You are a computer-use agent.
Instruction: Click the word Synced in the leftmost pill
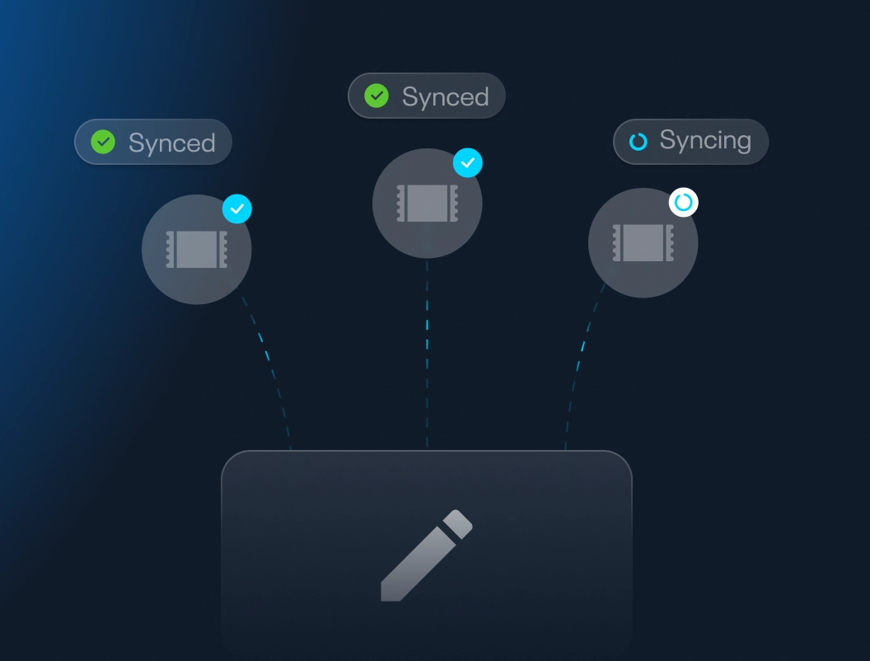pyautogui.click(x=171, y=143)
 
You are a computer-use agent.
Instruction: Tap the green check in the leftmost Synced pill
pyautogui.click(x=103, y=142)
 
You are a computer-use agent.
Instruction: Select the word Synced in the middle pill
pyautogui.click(x=445, y=97)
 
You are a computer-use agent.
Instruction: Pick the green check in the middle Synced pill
pyautogui.click(x=377, y=96)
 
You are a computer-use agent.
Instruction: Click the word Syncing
pyautogui.click(x=705, y=141)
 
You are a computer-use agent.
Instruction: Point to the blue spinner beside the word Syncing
pyautogui.click(x=638, y=142)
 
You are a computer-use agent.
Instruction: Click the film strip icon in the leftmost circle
pyautogui.click(x=197, y=249)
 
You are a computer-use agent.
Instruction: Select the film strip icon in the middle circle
pyautogui.click(x=427, y=203)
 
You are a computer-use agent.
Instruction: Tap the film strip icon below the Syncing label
pyautogui.click(x=643, y=243)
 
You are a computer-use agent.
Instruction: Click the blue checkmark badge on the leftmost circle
pyautogui.click(x=237, y=209)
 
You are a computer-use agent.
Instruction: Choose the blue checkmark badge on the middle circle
pyautogui.click(x=468, y=163)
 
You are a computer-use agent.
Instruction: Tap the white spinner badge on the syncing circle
pyautogui.click(x=683, y=202)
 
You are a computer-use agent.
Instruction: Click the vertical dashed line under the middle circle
pyautogui.click(x=427, y=354)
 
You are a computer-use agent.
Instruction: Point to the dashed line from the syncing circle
pyautogui.click(x=581, y=363)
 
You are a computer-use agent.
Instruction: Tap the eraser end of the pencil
pyautogui.click(x=458, y=523)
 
